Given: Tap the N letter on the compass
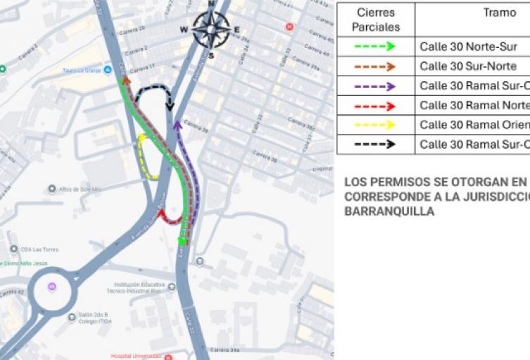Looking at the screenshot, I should pyautogui.click(x=210, y=4).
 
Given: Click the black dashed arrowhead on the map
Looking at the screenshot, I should pyautogui.click(x=170, y=106).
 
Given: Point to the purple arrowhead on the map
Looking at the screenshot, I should pyautogui.click(x=177, y=125).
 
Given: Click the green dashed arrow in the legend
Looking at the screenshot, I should pyautogui.click(x=375, y=47).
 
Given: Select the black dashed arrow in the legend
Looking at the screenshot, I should pyautogui.click(x=375, y=144).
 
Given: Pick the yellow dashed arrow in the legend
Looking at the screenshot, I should pyautogui.click(x=375, y=125).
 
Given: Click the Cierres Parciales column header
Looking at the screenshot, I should pyautogui.click(x=375, y=20).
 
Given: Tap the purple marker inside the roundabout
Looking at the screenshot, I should pyautogui.click(x=51, y=287).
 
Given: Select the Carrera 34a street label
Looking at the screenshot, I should pyautogui.click(x=225, y=349).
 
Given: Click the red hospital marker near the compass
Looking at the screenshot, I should pyautogui.click(x=289, y=27).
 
